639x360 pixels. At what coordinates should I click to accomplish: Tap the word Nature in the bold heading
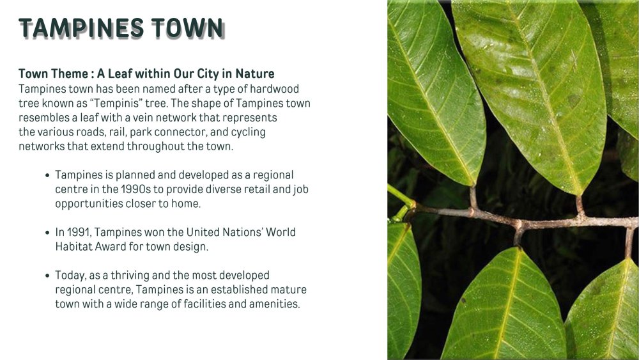255,74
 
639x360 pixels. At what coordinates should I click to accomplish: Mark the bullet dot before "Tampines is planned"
47,176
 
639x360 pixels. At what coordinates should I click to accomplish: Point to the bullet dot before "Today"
47,276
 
